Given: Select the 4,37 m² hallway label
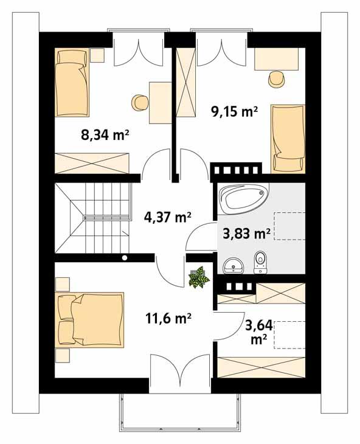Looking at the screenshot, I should (168, 217).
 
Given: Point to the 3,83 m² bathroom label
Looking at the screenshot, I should (244, 233).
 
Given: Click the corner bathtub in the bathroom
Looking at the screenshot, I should (243, 199).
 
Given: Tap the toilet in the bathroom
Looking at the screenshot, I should (261, 260).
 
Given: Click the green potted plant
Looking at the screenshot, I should (198, 277).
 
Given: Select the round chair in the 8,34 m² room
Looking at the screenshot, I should (140, 101).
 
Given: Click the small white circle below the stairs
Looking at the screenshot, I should (125, 257).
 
